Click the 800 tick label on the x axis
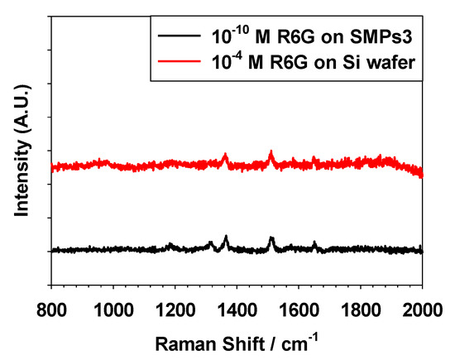[x=51, y=309]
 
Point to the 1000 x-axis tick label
[x=113, y=309]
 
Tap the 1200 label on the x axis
[x=175, y=309]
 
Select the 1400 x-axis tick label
[x=237, y=309]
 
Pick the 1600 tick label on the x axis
[x=299, y=309]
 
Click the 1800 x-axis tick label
[x=361, y=309]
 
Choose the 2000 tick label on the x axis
[x=421, y=309]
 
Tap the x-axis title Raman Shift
[x=237, y=340]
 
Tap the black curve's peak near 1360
[x=225, y=238]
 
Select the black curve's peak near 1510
[x=271, y=238]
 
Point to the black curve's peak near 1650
[x=314, y=242]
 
